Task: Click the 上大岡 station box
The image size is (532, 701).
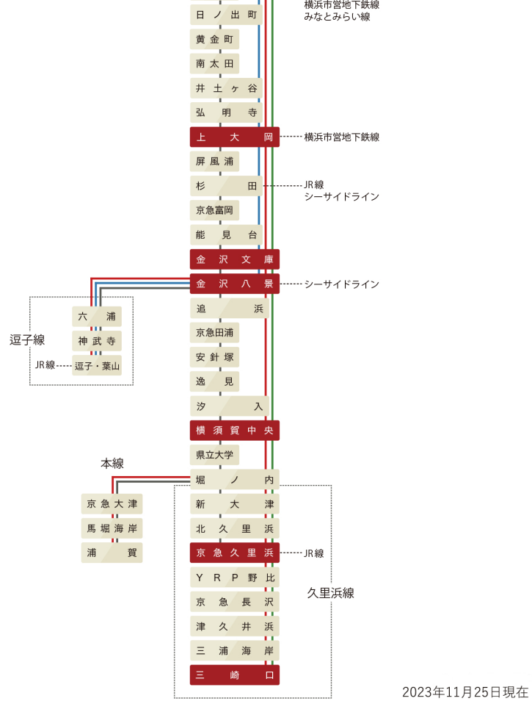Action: [234, 137]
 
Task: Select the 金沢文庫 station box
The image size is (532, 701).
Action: [234, 259]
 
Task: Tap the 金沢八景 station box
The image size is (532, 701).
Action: [234, 284]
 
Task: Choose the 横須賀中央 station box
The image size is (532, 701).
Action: [234, 431]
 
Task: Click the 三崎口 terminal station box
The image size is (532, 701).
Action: [234, 675]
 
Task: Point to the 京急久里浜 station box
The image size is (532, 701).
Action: [234, 553]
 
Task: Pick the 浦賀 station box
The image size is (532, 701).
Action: [112, 553]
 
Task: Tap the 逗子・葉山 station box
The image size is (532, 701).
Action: [97, 365]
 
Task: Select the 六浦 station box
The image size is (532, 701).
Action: [97, 317]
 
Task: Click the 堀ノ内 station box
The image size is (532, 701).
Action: [234, 480]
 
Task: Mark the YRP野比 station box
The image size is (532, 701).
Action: [234, 578]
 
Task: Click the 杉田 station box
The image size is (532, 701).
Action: [225, 186]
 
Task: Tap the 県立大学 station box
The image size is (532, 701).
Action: [214, 456]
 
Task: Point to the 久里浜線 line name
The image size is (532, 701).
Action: [330, 593]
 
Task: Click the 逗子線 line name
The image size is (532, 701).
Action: [27, 340]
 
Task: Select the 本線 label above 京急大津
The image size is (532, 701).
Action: [112, 464]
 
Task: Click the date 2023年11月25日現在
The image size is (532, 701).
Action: [465, 691]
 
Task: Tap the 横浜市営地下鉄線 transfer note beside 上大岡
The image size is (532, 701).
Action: [341, 137]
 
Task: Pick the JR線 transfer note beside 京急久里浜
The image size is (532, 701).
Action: [314, 553]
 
